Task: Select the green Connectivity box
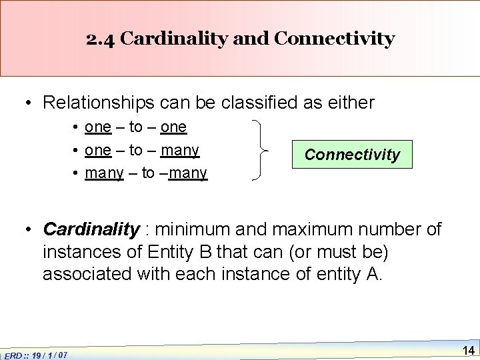(x=352, y=155)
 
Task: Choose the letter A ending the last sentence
(x=375, y=275)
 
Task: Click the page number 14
(x=467, y=350)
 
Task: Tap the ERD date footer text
(x=37, y=354)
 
